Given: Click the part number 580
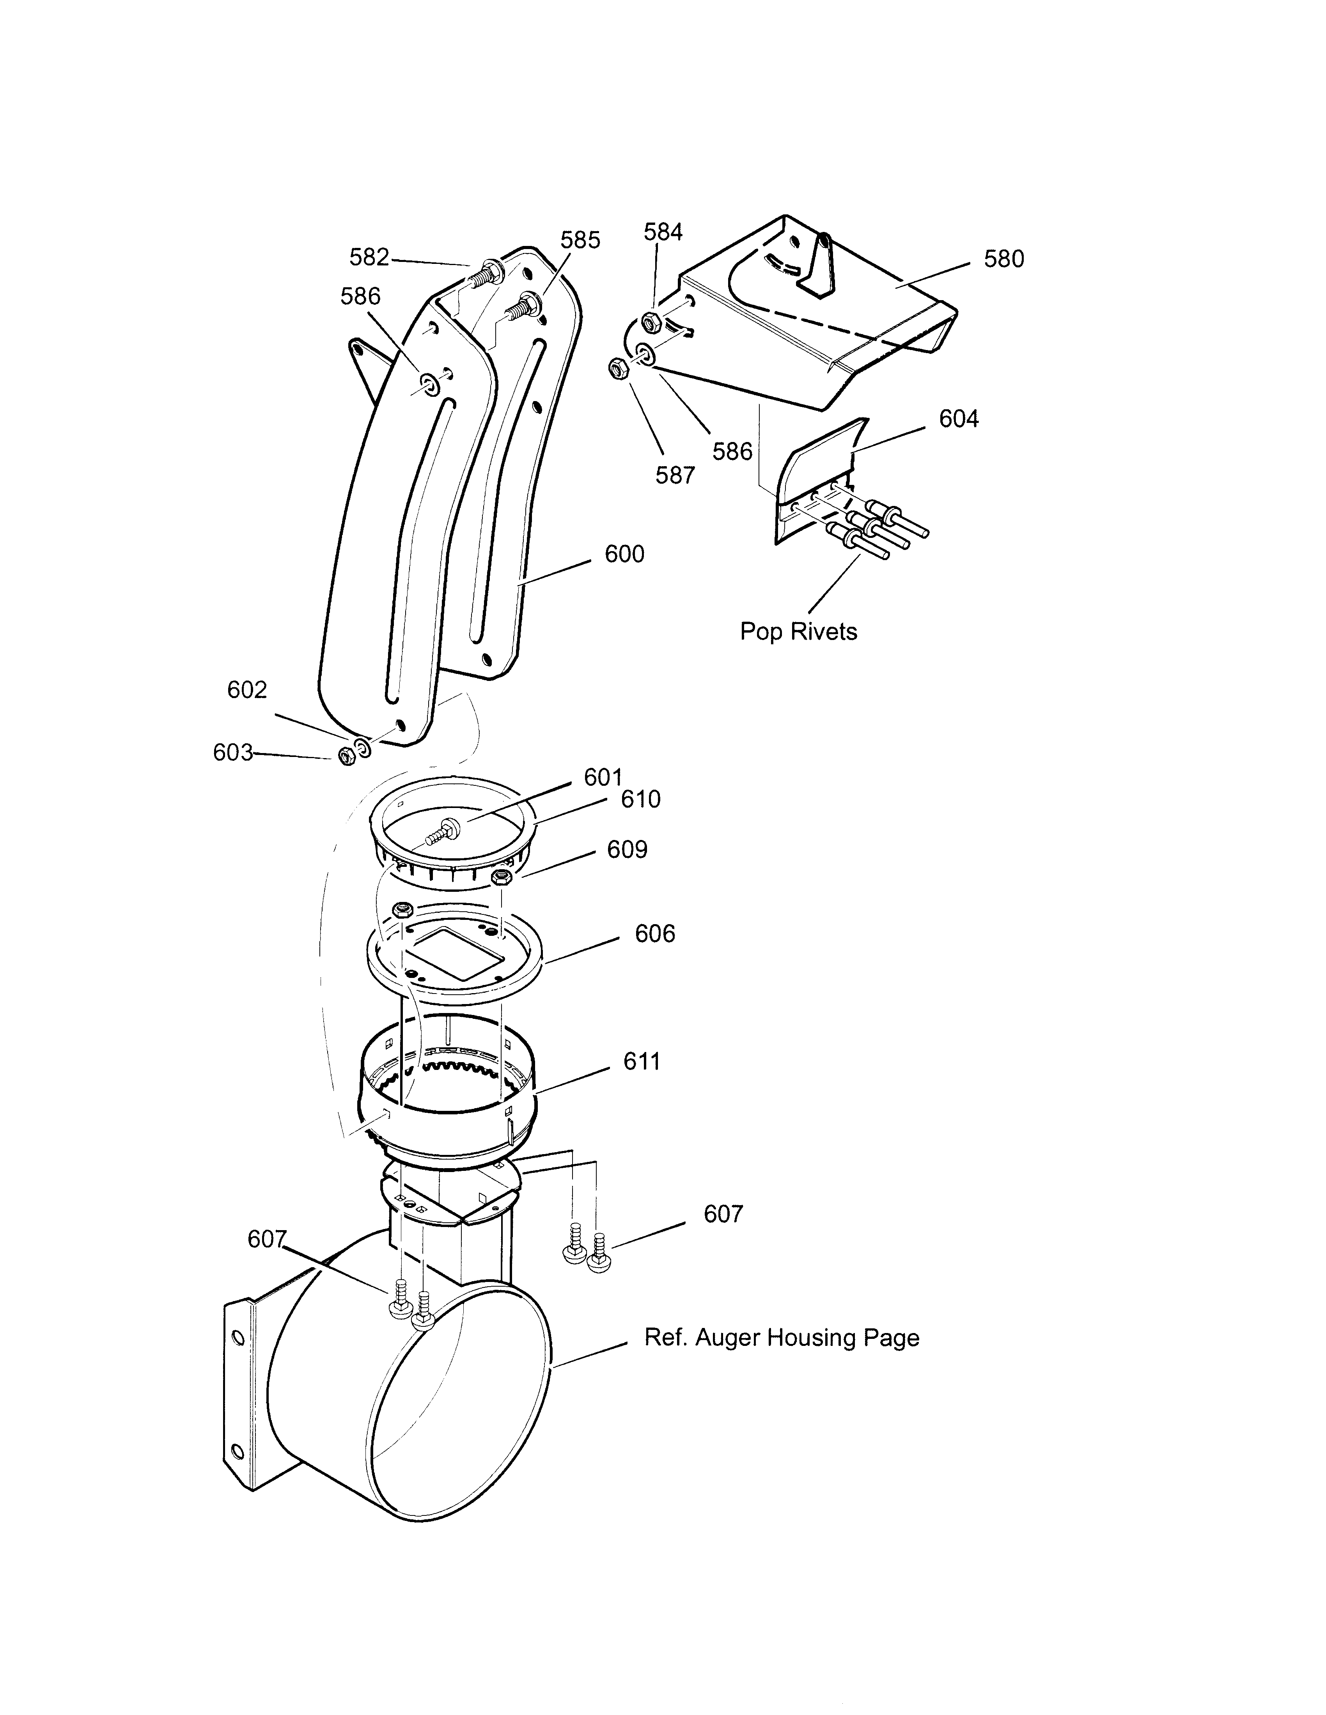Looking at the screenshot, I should (1004, 259).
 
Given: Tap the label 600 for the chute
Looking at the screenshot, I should (624, 554).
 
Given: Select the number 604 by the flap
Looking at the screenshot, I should (959, 419).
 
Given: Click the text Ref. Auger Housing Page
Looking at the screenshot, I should (782, 1338).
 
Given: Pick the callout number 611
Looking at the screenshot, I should (642, 1062).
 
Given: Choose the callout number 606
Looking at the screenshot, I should (655, 934).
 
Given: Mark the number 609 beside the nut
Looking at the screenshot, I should (627, 850).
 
